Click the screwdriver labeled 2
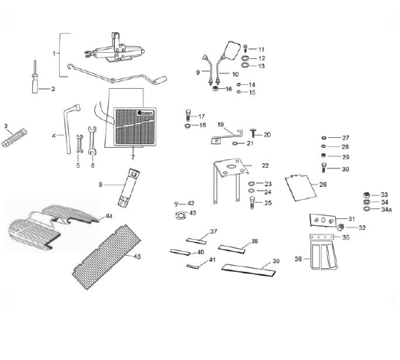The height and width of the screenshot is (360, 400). click(35, 78)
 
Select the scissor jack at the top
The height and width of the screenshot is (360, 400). click(114, 49)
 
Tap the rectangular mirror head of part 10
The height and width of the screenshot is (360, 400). click(231, 51)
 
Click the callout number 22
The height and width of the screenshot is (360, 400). click(265, 165)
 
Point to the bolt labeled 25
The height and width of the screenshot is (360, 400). click(252, 203)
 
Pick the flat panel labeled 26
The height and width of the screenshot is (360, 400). click(300, 188)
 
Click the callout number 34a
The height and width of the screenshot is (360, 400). click(386, 210)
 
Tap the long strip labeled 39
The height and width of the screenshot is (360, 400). click(248, 270)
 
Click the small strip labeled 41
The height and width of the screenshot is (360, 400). click(192, 267)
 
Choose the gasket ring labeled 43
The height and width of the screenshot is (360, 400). click(180, 215)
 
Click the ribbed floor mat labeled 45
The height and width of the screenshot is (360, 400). click(107, 257)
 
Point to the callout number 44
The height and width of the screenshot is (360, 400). click(109, 217)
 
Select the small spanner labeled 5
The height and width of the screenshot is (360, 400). click(80, 144)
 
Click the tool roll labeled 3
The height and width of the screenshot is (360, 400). click(14, 138)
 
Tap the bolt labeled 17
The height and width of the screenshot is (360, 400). click(188, 116)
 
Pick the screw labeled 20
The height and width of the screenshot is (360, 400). click(253, 133)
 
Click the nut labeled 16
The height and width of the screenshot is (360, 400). click(215, 89)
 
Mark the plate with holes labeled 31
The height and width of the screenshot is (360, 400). click(323, 220)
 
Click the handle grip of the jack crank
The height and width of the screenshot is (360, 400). click(160, 80)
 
